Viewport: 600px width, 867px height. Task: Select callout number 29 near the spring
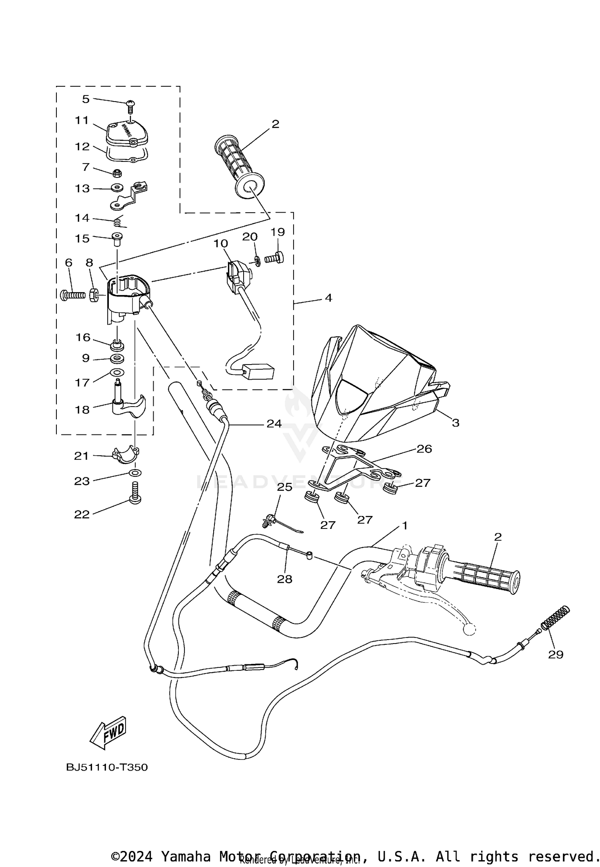pyautogui.click(x=556, y=654)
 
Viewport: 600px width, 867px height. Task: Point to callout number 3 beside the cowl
pyautogui.click(x=456, y=423)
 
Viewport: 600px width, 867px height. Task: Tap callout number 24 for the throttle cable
pyautogui.click(x=274, y=423)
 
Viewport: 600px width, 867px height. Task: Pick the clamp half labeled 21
pyautogui.click(x=126, y=456)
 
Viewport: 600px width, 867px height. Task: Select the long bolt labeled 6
pyautogui.click(x=73, y=295)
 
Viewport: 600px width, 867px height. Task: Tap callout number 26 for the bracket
pyautogui.click(x=424, y=449)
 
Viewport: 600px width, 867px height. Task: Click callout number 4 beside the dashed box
pyautogui.click(x=328, y=298)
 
